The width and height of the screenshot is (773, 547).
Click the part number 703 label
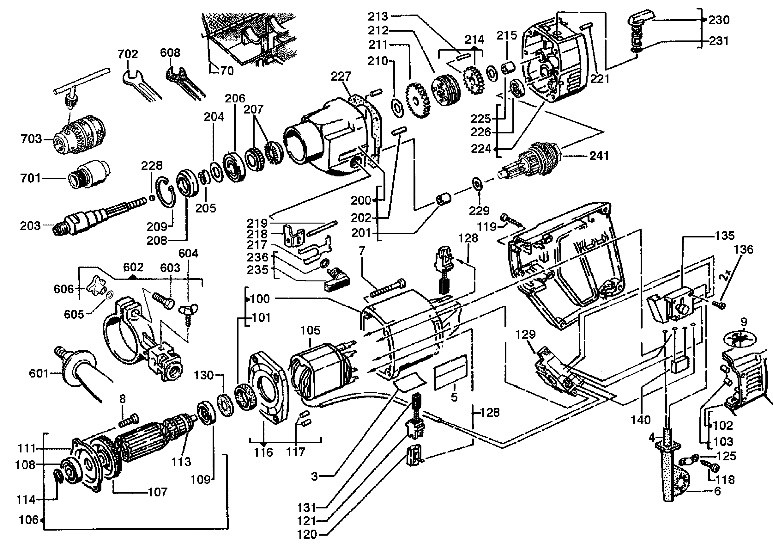tap(31, 138)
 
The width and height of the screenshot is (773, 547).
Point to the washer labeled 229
tap(477, 183)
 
